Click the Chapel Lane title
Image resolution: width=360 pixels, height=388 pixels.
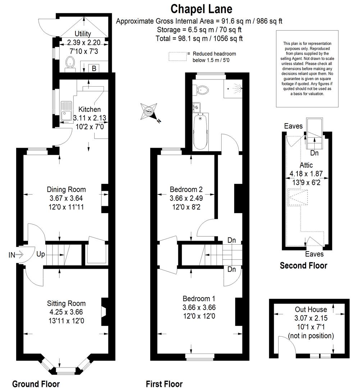(x=201, y=9)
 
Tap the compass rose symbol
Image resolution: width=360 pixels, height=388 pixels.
(x=149, y=112)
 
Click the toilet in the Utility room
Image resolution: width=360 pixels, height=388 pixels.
(x=70, y=64)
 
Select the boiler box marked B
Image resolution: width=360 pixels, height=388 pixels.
(x=94, y=68)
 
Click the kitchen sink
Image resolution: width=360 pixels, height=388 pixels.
(x=66, y=111)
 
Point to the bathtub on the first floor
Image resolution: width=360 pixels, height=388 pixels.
(x=201, y=132)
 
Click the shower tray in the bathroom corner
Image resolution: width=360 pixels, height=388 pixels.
(x=233, y=88)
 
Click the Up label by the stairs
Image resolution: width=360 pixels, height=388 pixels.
(x=41, y=254)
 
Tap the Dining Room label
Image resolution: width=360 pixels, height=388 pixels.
(x=67, y=190)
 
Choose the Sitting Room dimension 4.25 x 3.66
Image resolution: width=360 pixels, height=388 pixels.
(x=66, y=312)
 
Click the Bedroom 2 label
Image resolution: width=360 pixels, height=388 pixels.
(x=186, y=190)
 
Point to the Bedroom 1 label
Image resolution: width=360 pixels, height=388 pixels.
(x=199, y=299)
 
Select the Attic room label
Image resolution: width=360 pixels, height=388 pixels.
(x=306, y=165)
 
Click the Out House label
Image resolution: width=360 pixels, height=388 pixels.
(x=311, y=309)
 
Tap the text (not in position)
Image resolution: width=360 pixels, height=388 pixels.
(x=311, y=336)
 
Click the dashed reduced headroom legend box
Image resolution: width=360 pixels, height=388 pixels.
(x=178, y=56)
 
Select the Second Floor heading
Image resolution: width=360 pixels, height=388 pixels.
(x=304, y=265)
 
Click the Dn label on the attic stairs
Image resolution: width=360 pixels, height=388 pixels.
(x=314, y=153)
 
